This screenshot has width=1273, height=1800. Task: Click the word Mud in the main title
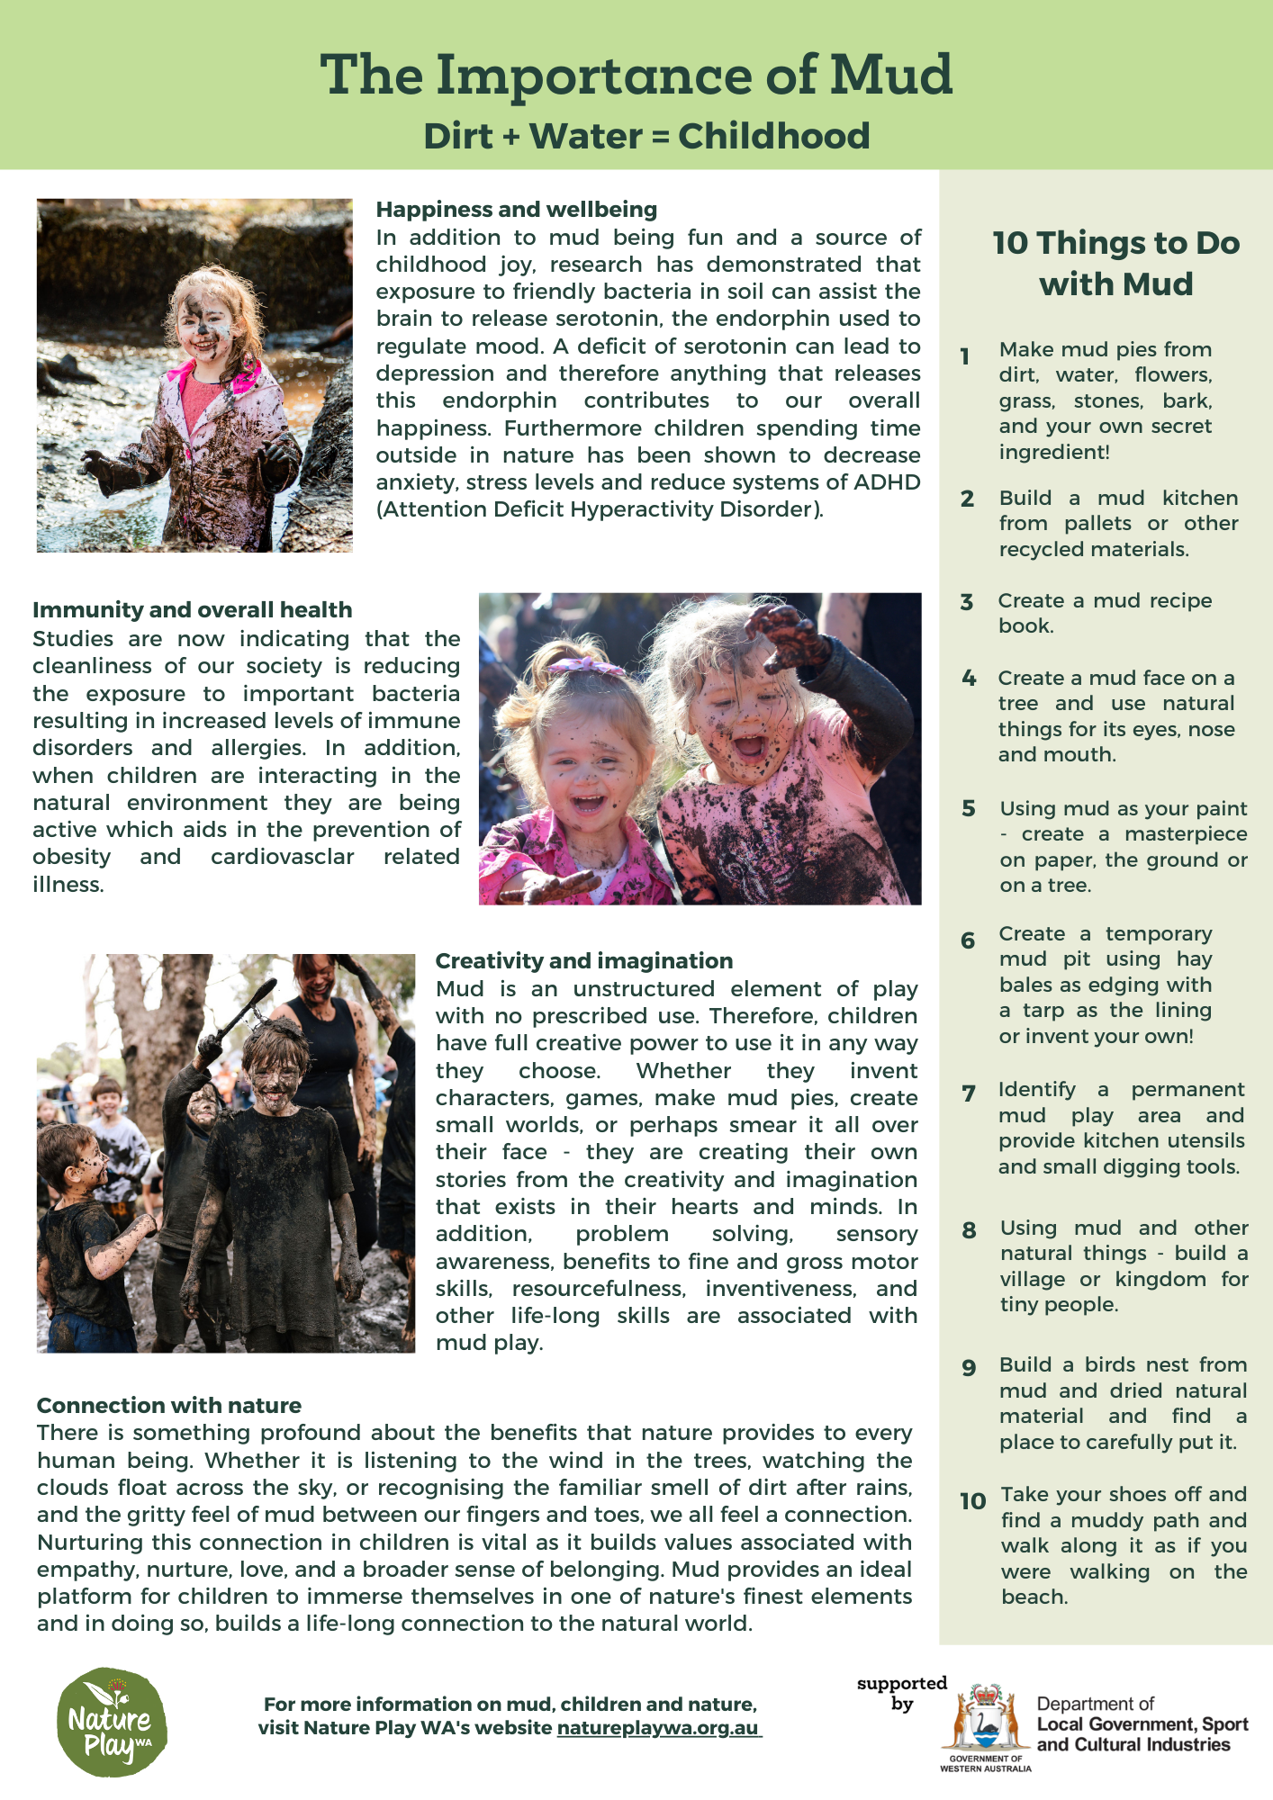[890, 75]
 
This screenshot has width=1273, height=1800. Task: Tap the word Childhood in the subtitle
[773, 137]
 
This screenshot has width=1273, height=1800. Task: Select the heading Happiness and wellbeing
[516, 210]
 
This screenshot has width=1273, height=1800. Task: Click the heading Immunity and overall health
[192, 610]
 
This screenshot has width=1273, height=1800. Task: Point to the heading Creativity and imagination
[583, 961]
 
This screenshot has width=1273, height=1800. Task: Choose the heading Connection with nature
[168, 1406]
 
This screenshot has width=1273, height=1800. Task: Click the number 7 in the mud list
[969, 1094]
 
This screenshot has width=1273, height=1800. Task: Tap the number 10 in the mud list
[973, 1501]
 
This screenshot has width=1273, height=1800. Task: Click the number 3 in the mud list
[967, 602]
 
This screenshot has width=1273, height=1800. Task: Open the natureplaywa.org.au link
[658, 1728]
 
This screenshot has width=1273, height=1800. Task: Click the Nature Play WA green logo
[112, 1723]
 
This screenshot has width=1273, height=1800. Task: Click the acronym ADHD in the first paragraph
[887, 482]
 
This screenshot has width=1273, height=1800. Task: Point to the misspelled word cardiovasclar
[283, 857]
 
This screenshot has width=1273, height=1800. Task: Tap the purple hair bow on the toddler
[587, 666]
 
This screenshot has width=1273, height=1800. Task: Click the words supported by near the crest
[901, 1693]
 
